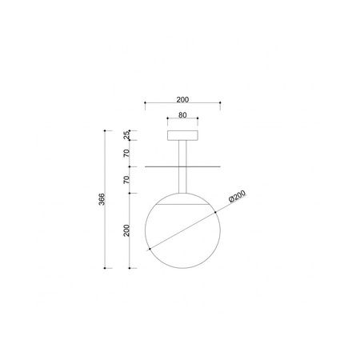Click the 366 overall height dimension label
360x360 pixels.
(x=102, y=199)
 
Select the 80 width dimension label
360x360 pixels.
(x=182, y=115)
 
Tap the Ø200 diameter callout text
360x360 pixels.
(x=237, y=197)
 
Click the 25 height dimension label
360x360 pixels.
(x=127, y=135)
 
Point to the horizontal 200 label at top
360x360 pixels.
(x=182, y=99)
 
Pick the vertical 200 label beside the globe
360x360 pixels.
(x=126, y=230)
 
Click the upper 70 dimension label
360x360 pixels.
(x=126, y=153)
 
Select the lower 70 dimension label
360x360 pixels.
(x=126, y=180)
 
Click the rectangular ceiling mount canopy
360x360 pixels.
(x=182, y=135)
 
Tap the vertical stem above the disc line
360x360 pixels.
(x=182, y=154)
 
